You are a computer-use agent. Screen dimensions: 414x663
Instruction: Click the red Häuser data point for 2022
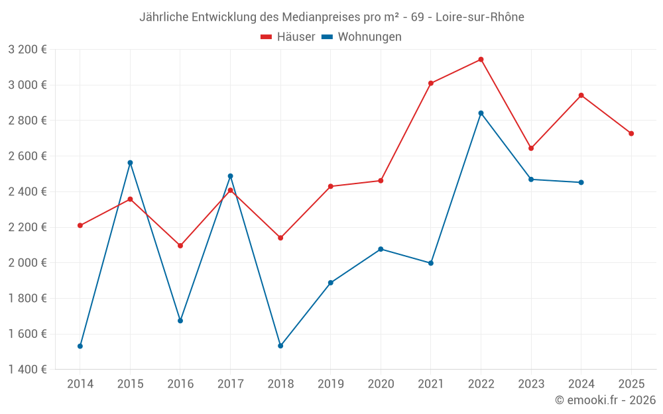coord(481,60)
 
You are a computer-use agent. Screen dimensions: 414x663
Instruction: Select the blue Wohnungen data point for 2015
coord(130,163)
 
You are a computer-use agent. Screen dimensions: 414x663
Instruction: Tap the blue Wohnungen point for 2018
coord(280,346)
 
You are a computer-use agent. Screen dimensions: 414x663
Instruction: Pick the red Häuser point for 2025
coord(631,134)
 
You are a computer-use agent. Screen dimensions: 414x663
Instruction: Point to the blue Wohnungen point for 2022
coord(481,113)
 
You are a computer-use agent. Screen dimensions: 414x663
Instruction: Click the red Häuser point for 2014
coord(80,225)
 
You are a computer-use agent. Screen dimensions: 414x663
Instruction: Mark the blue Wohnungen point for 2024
coord(581,182)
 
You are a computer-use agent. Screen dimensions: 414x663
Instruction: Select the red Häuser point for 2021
coord(431,83)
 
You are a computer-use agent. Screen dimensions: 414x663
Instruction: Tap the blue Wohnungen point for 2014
coord(80,346)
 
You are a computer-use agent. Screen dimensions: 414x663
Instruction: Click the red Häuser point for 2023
coord(531,148)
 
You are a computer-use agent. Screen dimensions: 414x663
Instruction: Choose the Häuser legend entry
coord(288,37)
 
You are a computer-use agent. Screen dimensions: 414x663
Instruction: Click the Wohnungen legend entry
coord(362,37)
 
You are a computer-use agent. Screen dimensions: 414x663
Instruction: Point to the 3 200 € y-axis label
coord(27,50)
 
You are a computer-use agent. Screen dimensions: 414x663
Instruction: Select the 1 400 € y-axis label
coord(27,370)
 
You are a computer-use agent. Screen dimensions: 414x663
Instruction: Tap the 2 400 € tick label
coord(27,191)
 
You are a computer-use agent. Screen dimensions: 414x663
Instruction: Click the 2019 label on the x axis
coord(331,384)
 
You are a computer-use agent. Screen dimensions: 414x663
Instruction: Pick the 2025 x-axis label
coord(631,384)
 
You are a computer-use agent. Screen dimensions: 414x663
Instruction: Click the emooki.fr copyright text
coord(605,400)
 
